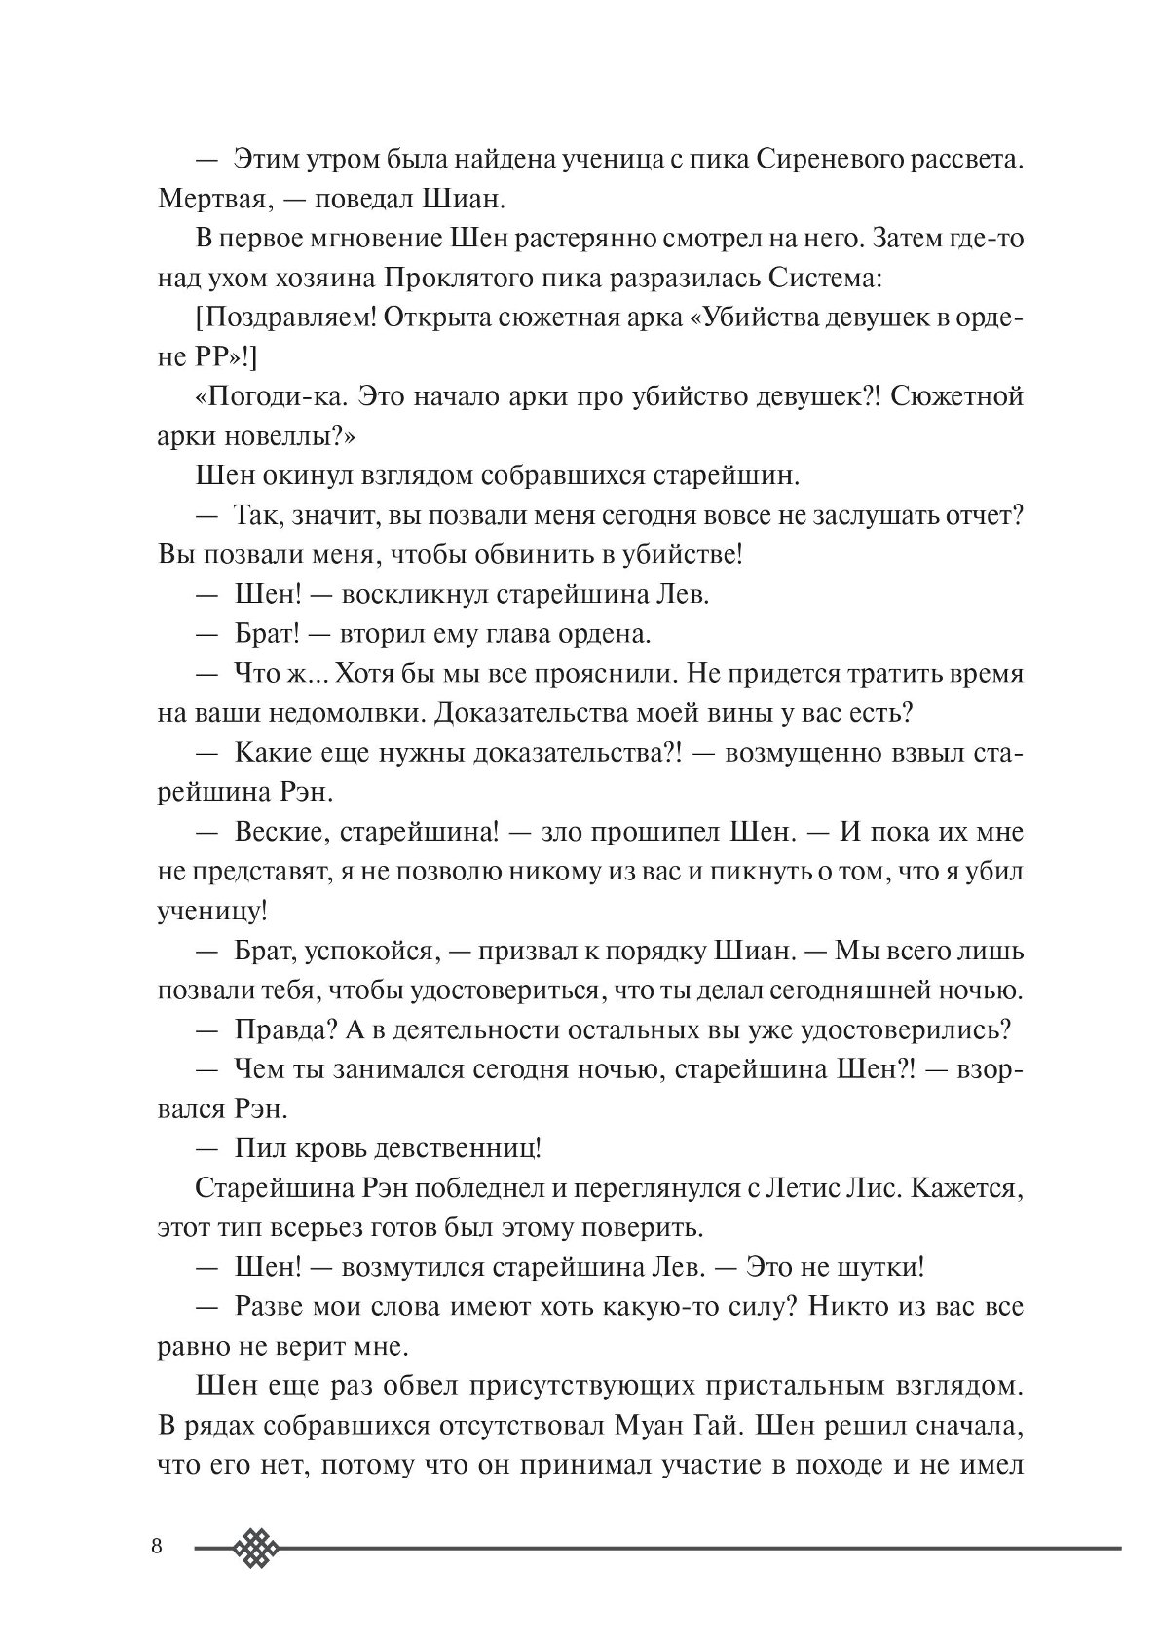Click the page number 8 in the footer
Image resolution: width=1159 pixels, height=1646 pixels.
[x=157, y=1548]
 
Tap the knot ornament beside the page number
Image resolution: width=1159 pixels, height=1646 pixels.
[x=257, y=1547]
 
